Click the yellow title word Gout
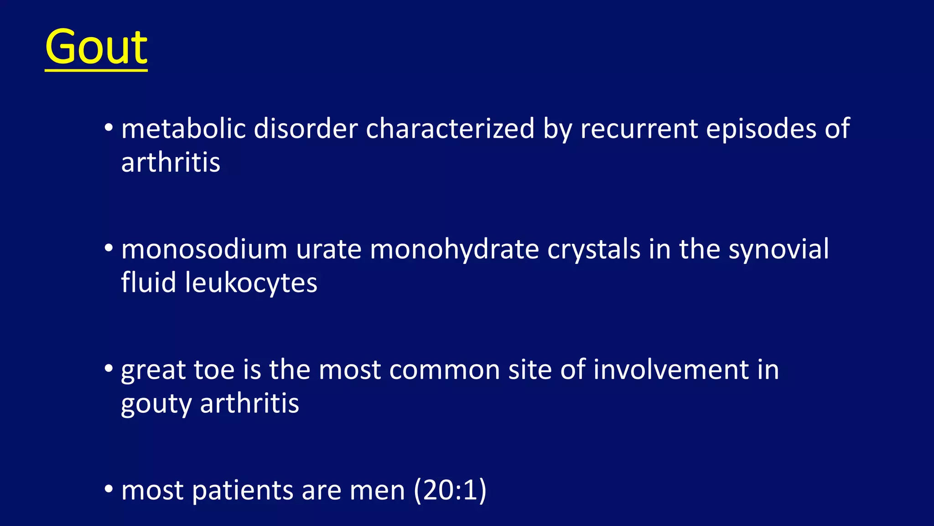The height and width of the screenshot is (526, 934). tap(96, 47)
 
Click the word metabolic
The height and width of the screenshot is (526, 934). tap(183, 128)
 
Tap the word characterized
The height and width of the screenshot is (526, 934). tap(450, 128)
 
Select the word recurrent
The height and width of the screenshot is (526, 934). tap(638, 128)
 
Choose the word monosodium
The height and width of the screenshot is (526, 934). tap(204, 249)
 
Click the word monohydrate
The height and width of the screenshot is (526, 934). tap(454, 249)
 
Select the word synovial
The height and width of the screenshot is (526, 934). tap(778, 250)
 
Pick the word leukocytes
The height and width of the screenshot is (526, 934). tap(251, 283)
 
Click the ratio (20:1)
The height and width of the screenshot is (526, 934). tap(450, 490)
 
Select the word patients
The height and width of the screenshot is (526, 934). tap(242, 491)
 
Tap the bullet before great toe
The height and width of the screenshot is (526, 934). tap(109, 368)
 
